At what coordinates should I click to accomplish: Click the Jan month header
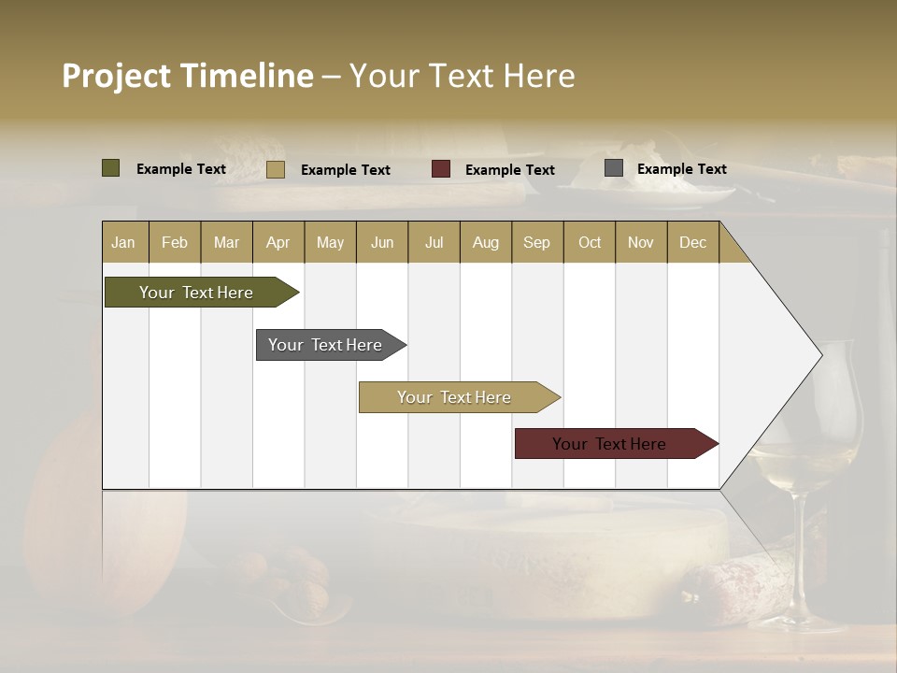(123, 242)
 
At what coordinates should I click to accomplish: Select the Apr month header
(278, 242)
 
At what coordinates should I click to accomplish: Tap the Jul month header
(434, 242)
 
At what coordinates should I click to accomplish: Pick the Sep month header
(536, 242)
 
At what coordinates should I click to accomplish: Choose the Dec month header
(692, 242)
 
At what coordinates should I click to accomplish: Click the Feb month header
(175, 242)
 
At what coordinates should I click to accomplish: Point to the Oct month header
(590, 242)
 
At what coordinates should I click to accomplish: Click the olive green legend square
(111, 168)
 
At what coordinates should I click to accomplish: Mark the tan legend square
(276, 169)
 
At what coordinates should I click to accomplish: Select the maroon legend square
(441, 169)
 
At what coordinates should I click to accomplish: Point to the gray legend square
(614, 168)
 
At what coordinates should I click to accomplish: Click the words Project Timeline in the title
(188, 76)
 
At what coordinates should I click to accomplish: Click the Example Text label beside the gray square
(681, 169)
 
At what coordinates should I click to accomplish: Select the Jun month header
(382, 242)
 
